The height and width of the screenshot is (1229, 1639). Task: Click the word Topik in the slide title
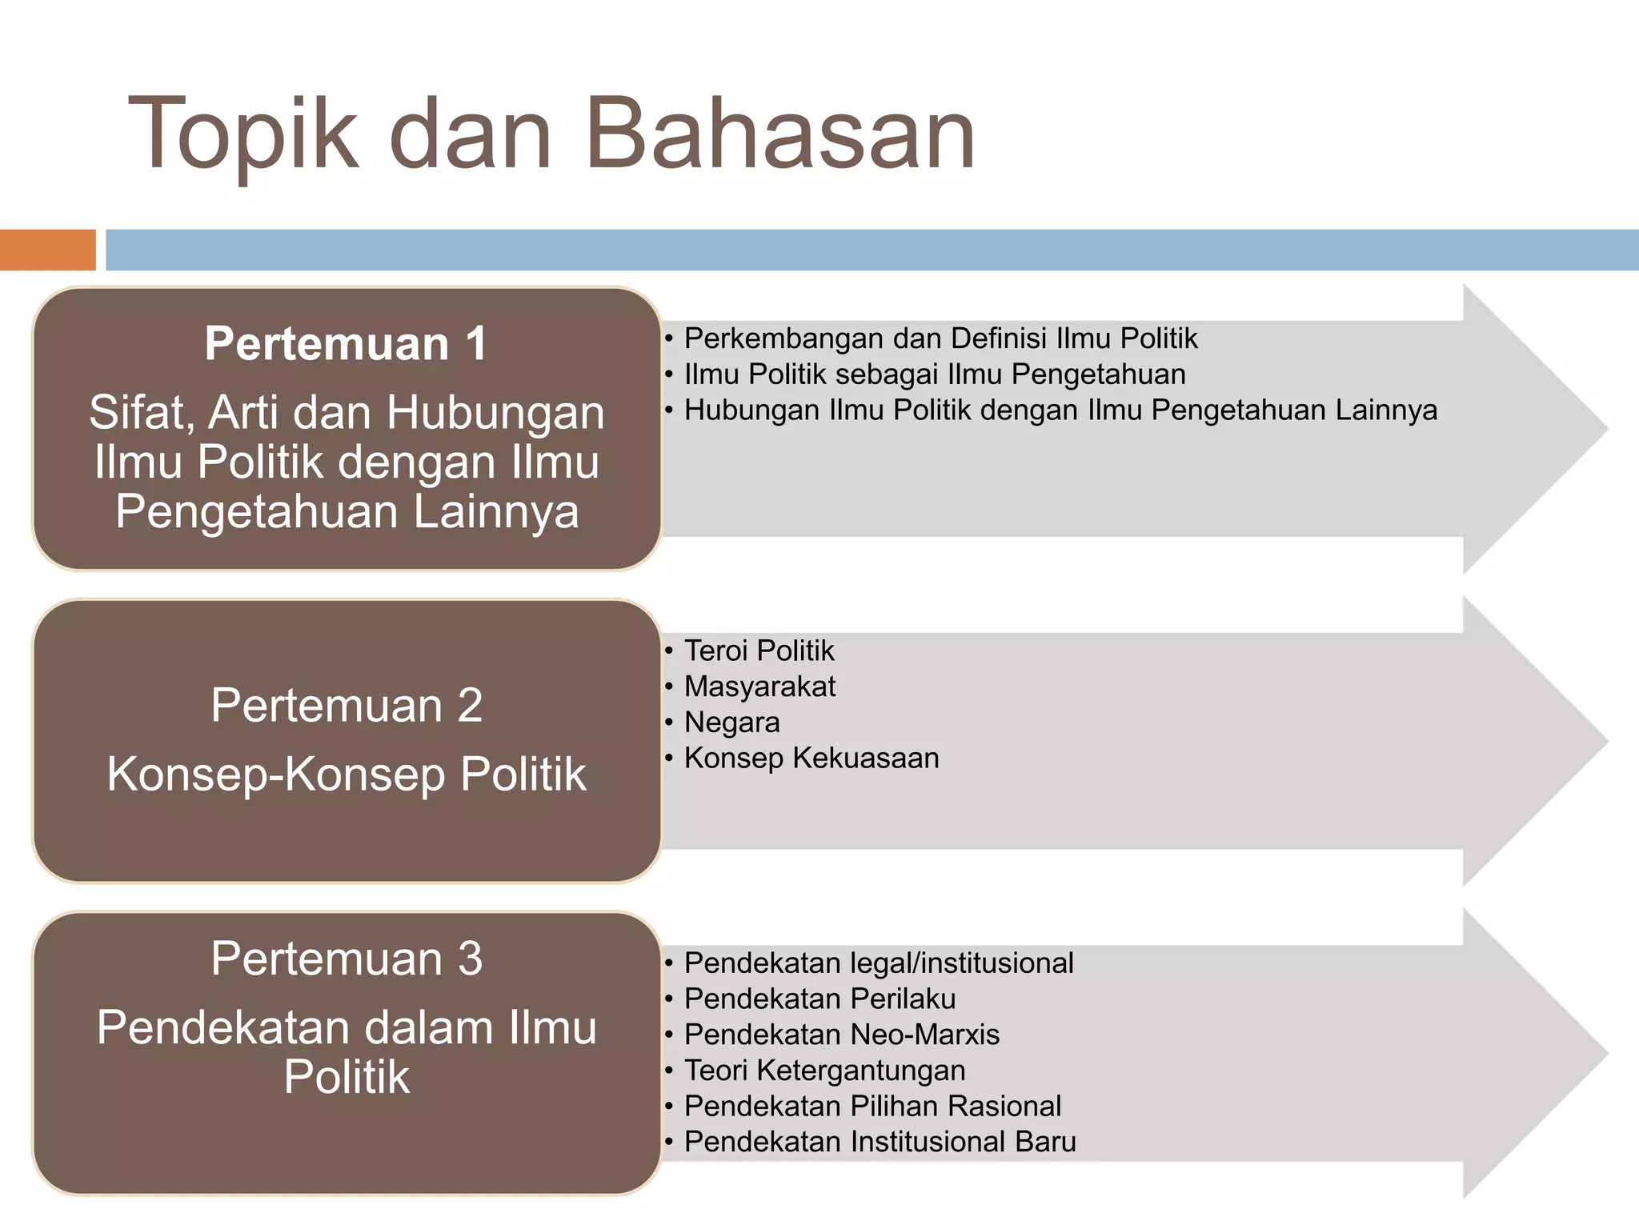[243, 134]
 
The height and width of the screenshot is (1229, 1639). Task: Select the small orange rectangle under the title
[47, 250]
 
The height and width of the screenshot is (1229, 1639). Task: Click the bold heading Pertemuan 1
[346, 344]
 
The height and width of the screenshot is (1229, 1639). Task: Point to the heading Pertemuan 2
[347, 706]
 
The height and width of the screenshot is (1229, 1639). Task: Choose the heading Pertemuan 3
[347, 959]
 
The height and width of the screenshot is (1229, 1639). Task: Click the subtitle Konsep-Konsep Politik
[347, 775]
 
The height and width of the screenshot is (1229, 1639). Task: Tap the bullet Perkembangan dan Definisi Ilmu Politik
[940, 338]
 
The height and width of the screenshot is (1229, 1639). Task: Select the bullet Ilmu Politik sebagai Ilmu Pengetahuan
[935, 374]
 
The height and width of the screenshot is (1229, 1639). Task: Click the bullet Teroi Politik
[759, 651]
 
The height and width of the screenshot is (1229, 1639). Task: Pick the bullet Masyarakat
[759, 687]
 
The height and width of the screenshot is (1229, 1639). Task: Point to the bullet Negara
[731, 723]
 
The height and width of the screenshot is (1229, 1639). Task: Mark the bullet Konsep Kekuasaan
[811, 758]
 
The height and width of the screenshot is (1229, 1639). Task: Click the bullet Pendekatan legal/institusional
[878, 963]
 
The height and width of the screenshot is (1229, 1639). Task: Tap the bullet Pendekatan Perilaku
[819, 999]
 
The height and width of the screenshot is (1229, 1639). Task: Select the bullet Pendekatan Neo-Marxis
[841, 1035]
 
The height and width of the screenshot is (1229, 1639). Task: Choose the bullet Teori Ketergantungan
[824, 1071]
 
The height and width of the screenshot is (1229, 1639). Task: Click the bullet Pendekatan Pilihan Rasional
[872, 1106]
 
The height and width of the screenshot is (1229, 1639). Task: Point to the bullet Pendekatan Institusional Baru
[880, 1142]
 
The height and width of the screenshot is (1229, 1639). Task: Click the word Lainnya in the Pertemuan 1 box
[495, 512]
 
